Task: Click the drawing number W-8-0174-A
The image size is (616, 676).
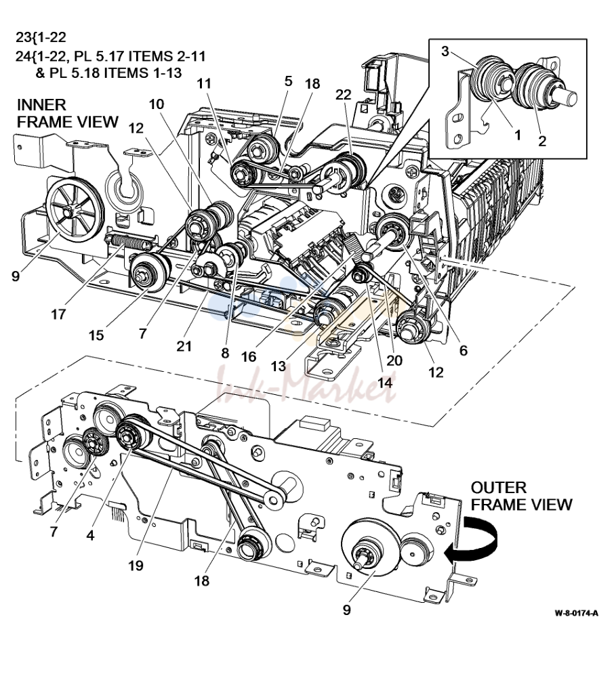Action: point(576,613)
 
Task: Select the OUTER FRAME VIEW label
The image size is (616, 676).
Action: point(521,496)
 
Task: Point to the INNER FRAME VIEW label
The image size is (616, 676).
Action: point(67,113)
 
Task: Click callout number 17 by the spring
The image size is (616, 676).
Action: point(58,314)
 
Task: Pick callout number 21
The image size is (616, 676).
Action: point(184,345)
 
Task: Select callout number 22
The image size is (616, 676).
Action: point(344,94)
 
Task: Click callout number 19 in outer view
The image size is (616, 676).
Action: point(136,565)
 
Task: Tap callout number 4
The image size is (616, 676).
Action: point(90,536)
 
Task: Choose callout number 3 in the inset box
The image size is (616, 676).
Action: point(445,51)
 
